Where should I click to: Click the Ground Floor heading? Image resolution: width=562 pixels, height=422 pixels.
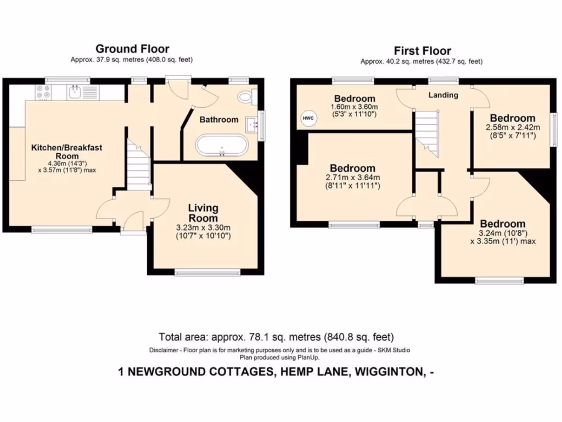pyautogui.click(x=132, y=49)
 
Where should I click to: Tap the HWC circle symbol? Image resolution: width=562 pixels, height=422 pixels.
pyautogui.click(x=305, y=118)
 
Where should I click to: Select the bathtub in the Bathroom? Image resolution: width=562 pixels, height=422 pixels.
pyautogui.click(x=222, y=147)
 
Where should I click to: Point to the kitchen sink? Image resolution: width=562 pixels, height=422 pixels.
pyautogui.click(x=75, y=92)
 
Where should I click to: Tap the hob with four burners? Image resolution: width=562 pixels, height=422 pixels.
pyautogui.click(x=43, y=92)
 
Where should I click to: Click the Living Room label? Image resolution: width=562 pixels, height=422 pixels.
pyautogui.click(x=203, y=213)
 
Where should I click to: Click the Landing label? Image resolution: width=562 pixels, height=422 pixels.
pyautogui.click(x=443, y=95)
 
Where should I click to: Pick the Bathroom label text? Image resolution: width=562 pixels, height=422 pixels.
pyautogui.click(x=218, y=119)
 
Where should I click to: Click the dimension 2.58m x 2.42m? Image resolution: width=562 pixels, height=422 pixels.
pyautogui.click(x=513, y=127)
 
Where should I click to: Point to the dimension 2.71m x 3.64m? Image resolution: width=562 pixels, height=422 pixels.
pyautogui.click(x=352, y=177)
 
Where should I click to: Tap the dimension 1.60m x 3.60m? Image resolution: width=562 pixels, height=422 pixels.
pyautogui.click(x=355, y=107)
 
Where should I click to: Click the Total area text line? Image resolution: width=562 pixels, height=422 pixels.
pyautogui.click(x=276, y=337)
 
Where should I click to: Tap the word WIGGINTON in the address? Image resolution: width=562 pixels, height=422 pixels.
pyautogui.click(x=390, y=372)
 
